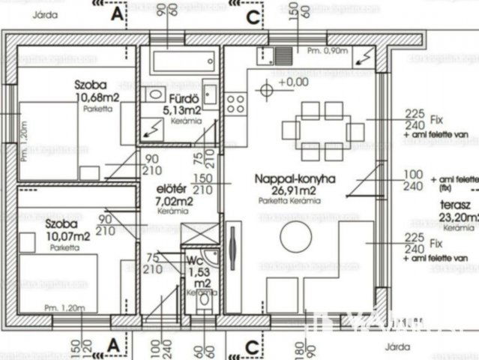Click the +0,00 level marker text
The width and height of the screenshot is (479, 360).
click(292, 82)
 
